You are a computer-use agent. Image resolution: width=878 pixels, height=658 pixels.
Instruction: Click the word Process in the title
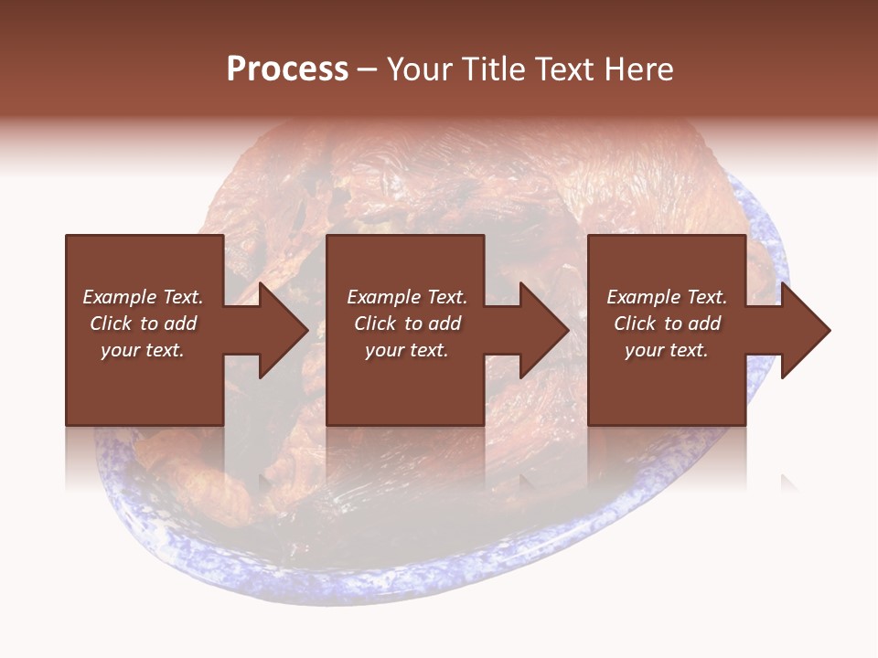287,69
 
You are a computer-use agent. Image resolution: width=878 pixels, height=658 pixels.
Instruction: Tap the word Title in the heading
491,69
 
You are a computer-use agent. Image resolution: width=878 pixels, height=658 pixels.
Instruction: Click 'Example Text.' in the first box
143,297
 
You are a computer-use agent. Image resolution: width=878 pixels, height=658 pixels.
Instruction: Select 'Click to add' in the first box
143,324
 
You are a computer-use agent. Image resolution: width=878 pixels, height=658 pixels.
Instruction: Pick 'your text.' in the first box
143,350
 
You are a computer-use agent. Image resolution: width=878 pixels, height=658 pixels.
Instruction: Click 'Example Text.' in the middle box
406,297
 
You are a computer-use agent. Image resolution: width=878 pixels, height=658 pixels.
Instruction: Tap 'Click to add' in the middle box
406,324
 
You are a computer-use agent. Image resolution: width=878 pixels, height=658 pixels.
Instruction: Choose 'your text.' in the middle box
406,350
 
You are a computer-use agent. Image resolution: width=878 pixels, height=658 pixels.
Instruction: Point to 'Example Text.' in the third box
667,297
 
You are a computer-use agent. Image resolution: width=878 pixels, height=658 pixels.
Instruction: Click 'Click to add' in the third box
667,324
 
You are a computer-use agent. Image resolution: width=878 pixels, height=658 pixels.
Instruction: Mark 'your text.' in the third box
667,350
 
